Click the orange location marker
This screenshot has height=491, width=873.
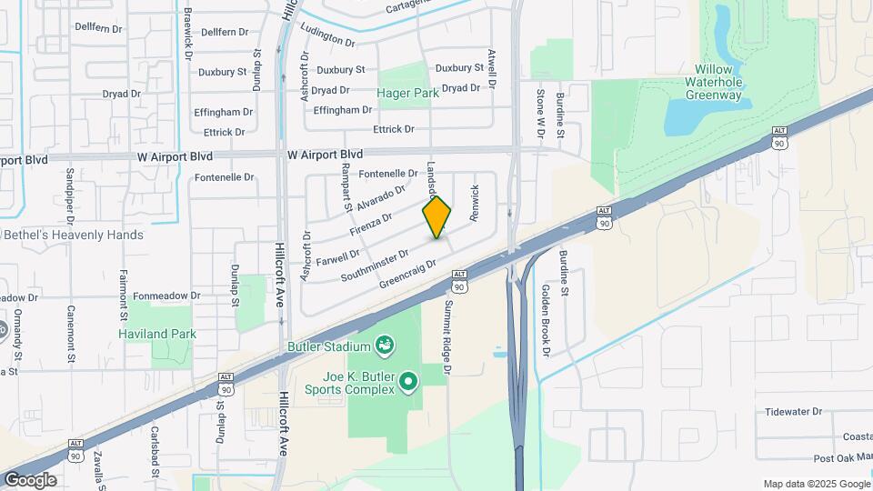point(437,216)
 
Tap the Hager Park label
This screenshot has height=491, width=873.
point(408,93)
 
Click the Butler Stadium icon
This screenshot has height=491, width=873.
point(385,346)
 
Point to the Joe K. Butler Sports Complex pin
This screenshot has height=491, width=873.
point(408,382)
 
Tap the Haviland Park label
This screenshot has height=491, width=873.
point(157,334)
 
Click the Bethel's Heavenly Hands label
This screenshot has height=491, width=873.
point(74,235)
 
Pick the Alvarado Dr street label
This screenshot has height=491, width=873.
point(380,197)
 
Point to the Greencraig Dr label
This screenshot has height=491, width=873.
point(407,270)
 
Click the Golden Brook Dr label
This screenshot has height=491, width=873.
point(546,319)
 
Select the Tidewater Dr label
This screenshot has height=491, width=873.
point(794,412)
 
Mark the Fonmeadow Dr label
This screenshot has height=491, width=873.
point(161,296)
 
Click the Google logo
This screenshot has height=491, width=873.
point(30,480)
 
